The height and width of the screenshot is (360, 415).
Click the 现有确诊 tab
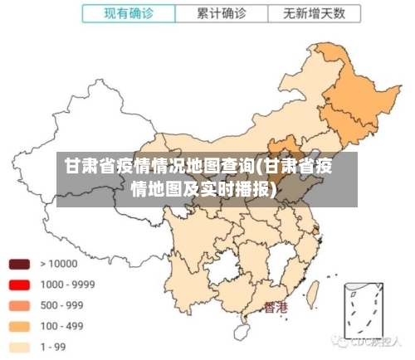(x=129, y=13)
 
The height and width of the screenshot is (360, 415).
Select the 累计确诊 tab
(x=222, y=13)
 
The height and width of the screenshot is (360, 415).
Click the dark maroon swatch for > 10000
(x=19, y=264)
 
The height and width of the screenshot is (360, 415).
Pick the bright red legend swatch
(x=19, y=285)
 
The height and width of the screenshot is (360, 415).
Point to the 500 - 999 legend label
(x=61, y=305)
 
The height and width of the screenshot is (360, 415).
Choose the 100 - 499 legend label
(x=61, y=326)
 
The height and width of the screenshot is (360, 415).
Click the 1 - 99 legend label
(x=55, y=347)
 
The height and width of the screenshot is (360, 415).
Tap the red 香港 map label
(x=276, y=308)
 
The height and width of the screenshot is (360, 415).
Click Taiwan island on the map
(x=315, y=292)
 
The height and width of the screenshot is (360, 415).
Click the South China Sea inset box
(x=363, y=314)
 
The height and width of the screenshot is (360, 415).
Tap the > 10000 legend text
(x=58, y=264)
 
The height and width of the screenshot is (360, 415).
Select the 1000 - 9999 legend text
(x=67, y=285)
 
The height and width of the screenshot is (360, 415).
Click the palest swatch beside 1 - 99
(x=19, y=347)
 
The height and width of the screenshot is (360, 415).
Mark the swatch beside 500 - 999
(x=19, y=305)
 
